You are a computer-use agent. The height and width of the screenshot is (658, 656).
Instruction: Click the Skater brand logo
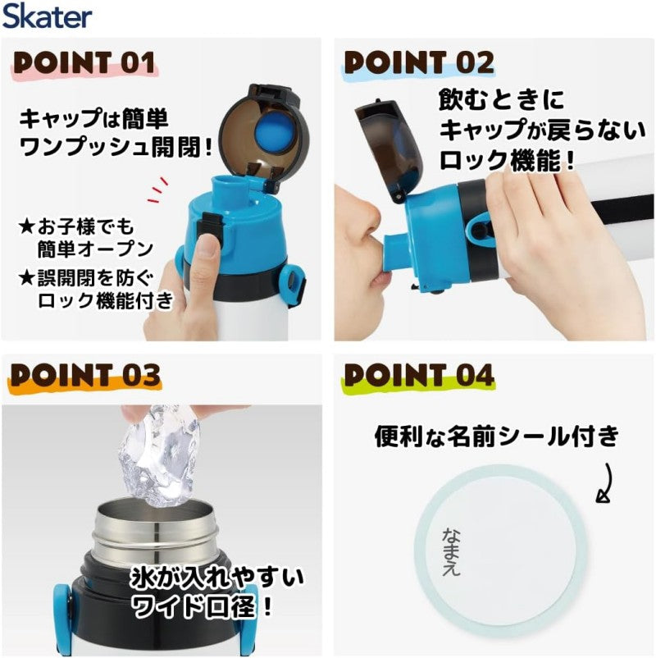(x=47, y=16)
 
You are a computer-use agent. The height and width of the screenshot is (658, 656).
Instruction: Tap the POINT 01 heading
(x=84, y=63)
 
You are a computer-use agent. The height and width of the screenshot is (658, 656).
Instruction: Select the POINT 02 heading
(x=418, y=63)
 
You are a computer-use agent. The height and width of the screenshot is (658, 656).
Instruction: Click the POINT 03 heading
(x=85, y=375)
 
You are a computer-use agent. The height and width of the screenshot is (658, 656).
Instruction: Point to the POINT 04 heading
(x=418, y=375)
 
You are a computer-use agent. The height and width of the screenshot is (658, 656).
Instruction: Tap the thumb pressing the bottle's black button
(x=207, y=251)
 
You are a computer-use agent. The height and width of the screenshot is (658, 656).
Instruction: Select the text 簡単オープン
(x=96, y=249)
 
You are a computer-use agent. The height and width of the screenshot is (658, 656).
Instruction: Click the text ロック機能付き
(x=106, y=300)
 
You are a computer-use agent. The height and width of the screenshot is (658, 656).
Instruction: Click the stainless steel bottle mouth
(x=154, y=534)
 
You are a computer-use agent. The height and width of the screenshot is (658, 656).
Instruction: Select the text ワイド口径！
(x=203, y=605)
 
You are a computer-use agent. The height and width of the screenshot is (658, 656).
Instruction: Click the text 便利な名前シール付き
(x=497, y=436)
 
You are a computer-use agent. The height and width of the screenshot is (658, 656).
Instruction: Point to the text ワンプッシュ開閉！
(x=116, y=147)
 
